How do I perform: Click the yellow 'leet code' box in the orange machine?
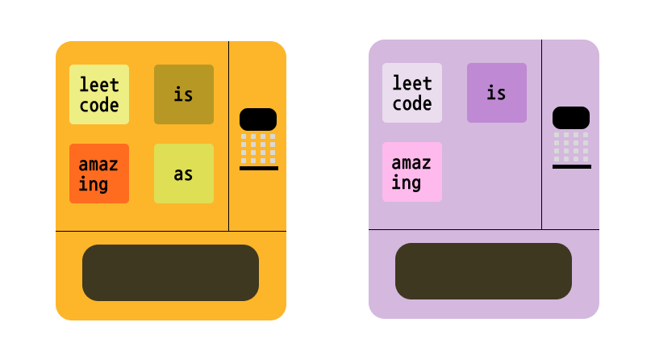pos(99,94)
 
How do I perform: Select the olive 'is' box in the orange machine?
pos(184,94)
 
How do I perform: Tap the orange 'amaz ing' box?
pos(99,174)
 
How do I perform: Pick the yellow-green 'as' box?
pos(184,174)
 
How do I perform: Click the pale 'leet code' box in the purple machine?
pos(412,93)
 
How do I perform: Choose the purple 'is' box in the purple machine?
pos(497,93)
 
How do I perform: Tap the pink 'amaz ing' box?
pos(412,172)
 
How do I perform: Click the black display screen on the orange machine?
pos(258,119)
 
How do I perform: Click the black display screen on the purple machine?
pos(571,118)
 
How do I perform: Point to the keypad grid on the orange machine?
pos(258,148)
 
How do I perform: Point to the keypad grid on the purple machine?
pos(571,146)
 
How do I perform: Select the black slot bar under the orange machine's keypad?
pos(259,169)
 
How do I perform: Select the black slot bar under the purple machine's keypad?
pos(572,167)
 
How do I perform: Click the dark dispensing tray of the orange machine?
pos(170,273)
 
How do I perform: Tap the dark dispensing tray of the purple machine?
pos(483,271)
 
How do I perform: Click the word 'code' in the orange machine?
pos(99,105)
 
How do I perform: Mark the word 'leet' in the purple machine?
pos(412,82)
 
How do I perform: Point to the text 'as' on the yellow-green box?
pos(184,174)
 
